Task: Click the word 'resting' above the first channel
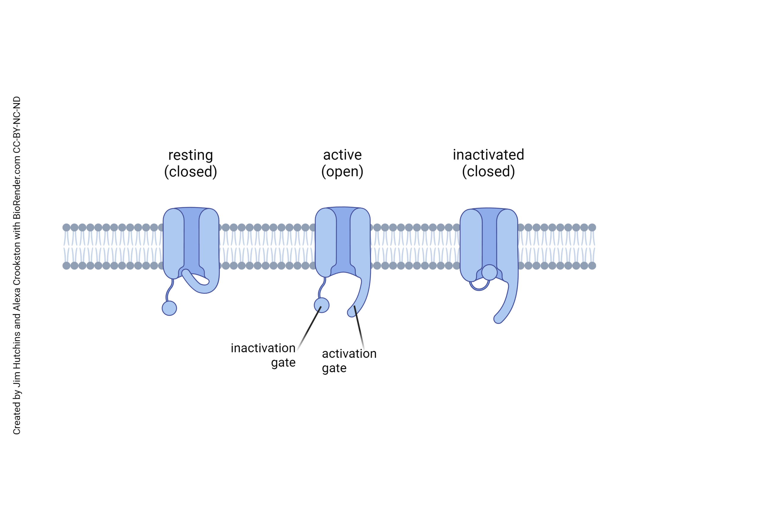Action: pyautogui.click(x=190, y=155)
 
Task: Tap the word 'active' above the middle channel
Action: pyautogui.click(x=342, y=155)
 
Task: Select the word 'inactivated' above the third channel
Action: pyautogui.click(x=488, y=155)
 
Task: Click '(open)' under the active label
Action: pyautogui.click(x=342, y=172)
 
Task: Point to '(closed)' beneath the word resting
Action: pyautogui.click(x=190, y=172)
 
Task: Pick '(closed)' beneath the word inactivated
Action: pyautogui.click(x=488, y=172)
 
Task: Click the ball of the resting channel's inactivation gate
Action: pyautogui.click(x=169, y=308)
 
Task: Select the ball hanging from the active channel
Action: pyautogui.click(x=321, y=305)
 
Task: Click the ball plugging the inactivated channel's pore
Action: pyautogui.click(x=489, y=272)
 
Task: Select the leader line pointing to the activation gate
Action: pyautogui.click(x=359, y=327)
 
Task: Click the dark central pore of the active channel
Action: pyautogui.click(x=343, y=238)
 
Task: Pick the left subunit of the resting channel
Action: pyautogui.click(x=173, y=243)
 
